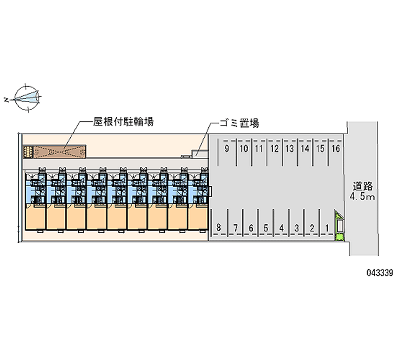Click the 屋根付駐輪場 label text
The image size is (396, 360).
coord(123,122)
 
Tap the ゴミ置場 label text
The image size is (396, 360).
coord(239,123)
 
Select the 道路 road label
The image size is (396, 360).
coord(363,187)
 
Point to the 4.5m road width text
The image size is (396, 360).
coord(362,196)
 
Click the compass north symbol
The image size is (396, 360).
coord(27,98)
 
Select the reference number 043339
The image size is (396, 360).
coord(380,272)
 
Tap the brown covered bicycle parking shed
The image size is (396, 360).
coord(59,152)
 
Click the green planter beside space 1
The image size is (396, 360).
coord(339,225)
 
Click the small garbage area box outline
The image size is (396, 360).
coord(199,154)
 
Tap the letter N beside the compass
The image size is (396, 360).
coord(6,100)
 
